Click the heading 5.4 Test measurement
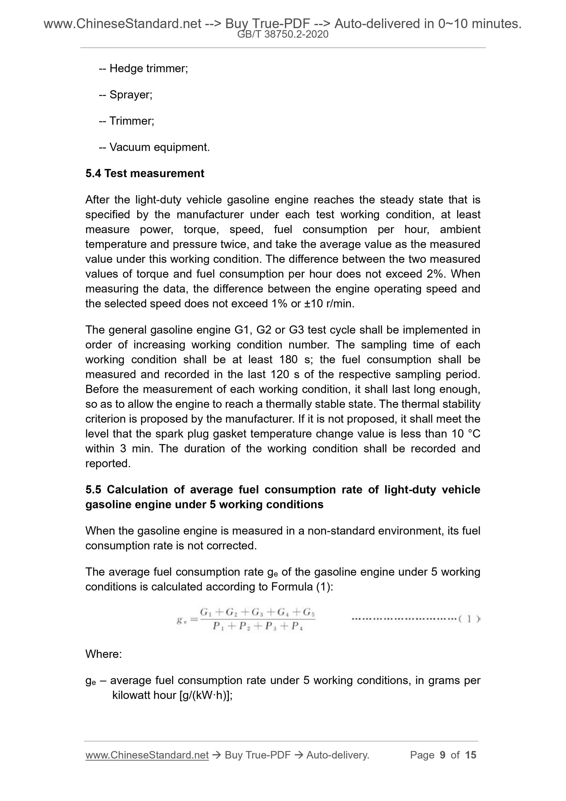[145, 173]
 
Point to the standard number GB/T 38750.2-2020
[282, 34]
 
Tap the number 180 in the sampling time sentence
[288, 360]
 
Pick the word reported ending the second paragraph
[107, 464]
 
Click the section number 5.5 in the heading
[93, 490]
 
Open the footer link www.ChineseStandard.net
[147, 755]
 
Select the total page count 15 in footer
[470, 755]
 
